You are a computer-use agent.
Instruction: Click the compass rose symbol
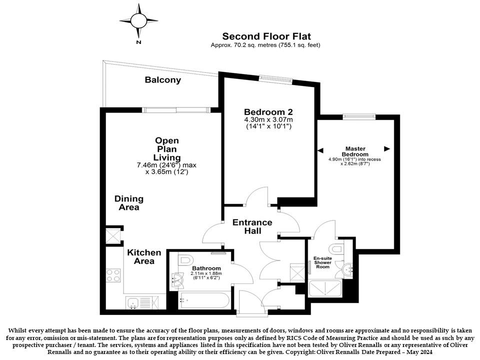point(138,21)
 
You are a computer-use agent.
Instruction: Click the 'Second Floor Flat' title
point(266,36)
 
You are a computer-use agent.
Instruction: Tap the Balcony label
point(163,80)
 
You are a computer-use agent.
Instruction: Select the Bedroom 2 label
point(268,111)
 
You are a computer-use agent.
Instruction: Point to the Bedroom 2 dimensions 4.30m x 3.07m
point(268,119)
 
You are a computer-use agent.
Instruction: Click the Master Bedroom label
point(355,151)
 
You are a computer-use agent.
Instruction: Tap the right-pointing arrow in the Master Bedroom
point(387,149)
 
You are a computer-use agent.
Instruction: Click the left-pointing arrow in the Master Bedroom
point(320,150)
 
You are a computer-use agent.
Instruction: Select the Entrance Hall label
point(252,226)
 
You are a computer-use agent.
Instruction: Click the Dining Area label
point(129,203)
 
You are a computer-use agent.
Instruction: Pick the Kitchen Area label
point(144,257)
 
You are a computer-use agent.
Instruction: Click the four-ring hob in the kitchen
point(113,275)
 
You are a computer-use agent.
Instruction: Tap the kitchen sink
point(142,303)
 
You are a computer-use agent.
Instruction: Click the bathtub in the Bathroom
point(203,300)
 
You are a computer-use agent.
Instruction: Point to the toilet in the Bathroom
point(184,260)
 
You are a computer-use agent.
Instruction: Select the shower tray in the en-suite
point(325,288)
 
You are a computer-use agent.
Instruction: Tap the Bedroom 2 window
point(275,79)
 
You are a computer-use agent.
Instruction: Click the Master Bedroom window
point(359,116)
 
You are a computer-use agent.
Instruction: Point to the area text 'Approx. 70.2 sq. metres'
point(243,45)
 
